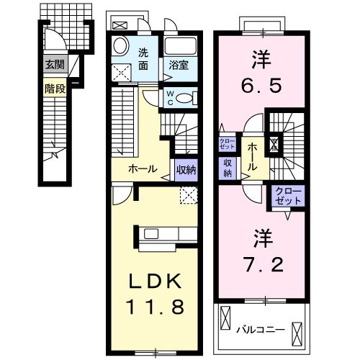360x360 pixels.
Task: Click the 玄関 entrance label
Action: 54,65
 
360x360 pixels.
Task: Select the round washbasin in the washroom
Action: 121,43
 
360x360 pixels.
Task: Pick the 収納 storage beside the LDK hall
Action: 184,170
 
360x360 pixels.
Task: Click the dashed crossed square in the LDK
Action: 189,193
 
